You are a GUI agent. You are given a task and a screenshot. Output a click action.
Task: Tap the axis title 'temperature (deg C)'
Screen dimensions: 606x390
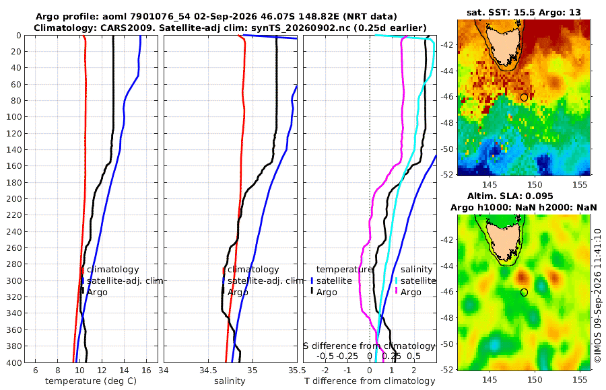91,381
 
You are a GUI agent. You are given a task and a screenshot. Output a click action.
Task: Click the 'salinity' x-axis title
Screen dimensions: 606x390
230,381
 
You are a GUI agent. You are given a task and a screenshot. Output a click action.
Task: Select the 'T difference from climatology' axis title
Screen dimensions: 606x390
370,381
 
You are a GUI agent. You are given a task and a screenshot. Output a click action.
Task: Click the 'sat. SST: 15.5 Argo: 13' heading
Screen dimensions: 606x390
524,12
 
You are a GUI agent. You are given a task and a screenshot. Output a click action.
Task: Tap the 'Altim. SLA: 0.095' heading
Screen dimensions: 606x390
510,196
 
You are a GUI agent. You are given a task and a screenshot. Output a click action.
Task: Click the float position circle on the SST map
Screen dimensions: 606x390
524,97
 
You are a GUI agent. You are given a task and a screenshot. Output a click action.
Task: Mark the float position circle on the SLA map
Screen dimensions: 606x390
524,292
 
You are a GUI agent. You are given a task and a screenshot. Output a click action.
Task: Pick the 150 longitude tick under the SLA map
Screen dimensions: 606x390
535,379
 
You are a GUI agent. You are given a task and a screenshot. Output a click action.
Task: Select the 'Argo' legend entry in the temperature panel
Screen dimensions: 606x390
97,292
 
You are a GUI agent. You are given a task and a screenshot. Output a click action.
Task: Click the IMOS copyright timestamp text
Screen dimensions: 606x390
598,295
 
